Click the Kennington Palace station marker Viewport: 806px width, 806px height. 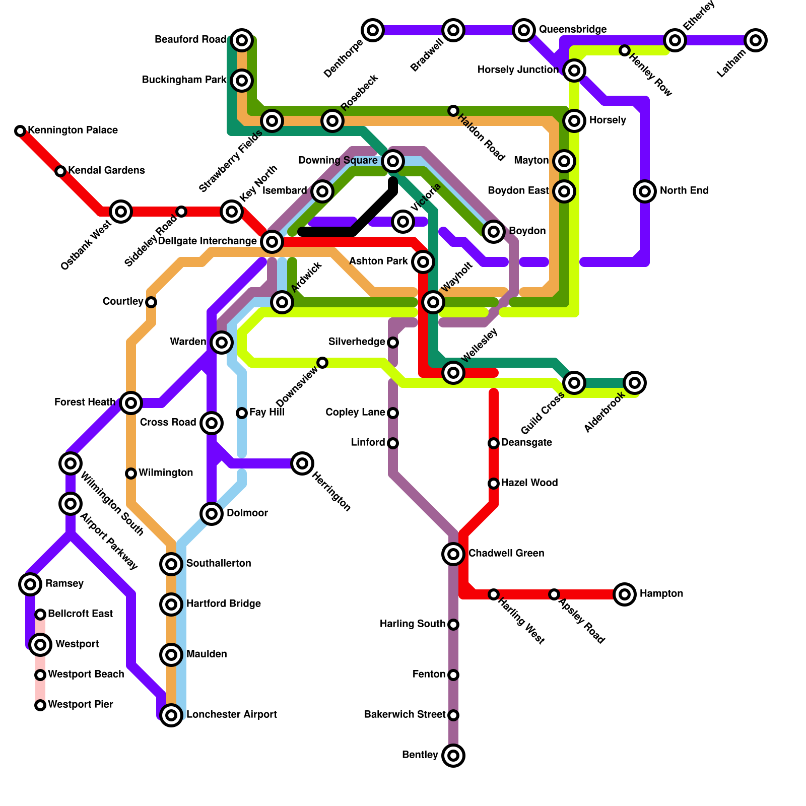(20, 131)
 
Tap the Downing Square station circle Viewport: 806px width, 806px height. (393, 161)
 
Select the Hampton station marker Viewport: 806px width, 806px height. (625, 594)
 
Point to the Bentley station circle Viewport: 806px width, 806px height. (453, 756)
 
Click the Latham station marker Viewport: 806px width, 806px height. (756, 40)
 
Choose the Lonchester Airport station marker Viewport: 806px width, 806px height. (171, 715)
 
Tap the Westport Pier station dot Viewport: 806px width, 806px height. (40, 705)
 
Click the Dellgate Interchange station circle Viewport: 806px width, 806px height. (272, 242)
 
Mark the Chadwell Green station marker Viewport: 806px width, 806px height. (453, 554)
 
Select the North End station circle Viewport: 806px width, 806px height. (645, 191)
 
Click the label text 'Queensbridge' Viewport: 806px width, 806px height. (573, 30)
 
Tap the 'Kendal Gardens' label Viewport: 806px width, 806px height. (106, 171)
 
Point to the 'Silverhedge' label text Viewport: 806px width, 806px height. (357, 342)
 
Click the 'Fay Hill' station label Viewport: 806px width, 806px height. (267, 413)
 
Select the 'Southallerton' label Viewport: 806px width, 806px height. (219, 564)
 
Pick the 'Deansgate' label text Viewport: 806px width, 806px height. (526, 443)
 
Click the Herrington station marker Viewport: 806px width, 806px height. (302, 463)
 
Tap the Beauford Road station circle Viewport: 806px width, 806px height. (242, 40)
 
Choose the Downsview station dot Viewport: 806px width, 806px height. (322, 363)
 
